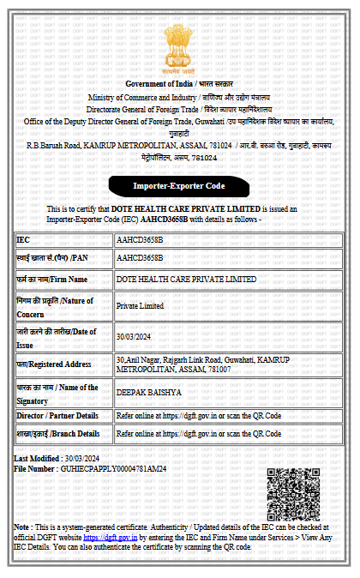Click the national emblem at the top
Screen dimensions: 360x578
180,50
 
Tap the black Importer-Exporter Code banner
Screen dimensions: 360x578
180,185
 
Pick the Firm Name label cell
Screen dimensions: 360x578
63,279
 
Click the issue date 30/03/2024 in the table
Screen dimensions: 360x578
134,336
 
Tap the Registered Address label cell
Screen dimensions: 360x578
63,364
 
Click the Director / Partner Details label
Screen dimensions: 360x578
63,416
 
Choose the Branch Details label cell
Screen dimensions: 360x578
63,434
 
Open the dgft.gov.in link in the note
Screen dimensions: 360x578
108,537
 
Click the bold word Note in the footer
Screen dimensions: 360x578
22,527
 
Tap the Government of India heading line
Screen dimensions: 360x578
180,83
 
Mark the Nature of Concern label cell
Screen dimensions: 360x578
63,305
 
